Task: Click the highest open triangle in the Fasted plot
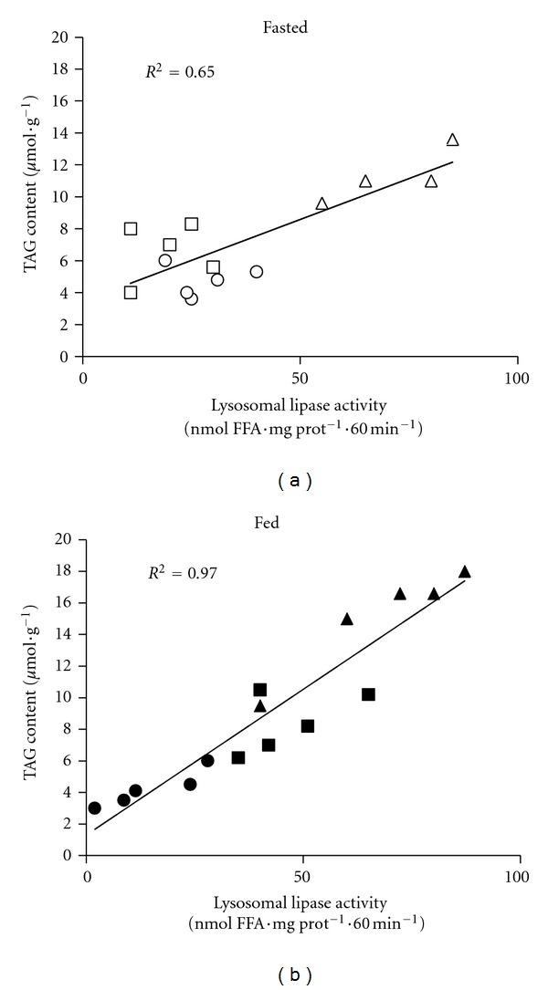point(452,140)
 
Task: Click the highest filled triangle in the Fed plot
point(465,571)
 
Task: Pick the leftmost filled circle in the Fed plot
point(94,808)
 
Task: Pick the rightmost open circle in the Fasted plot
point(257,272)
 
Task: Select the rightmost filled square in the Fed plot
point(368,694)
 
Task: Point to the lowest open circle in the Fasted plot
point(191,299)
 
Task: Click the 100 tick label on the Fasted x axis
point(516,373)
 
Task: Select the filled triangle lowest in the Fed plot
point(260,706)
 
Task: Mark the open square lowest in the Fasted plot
point(131,293)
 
